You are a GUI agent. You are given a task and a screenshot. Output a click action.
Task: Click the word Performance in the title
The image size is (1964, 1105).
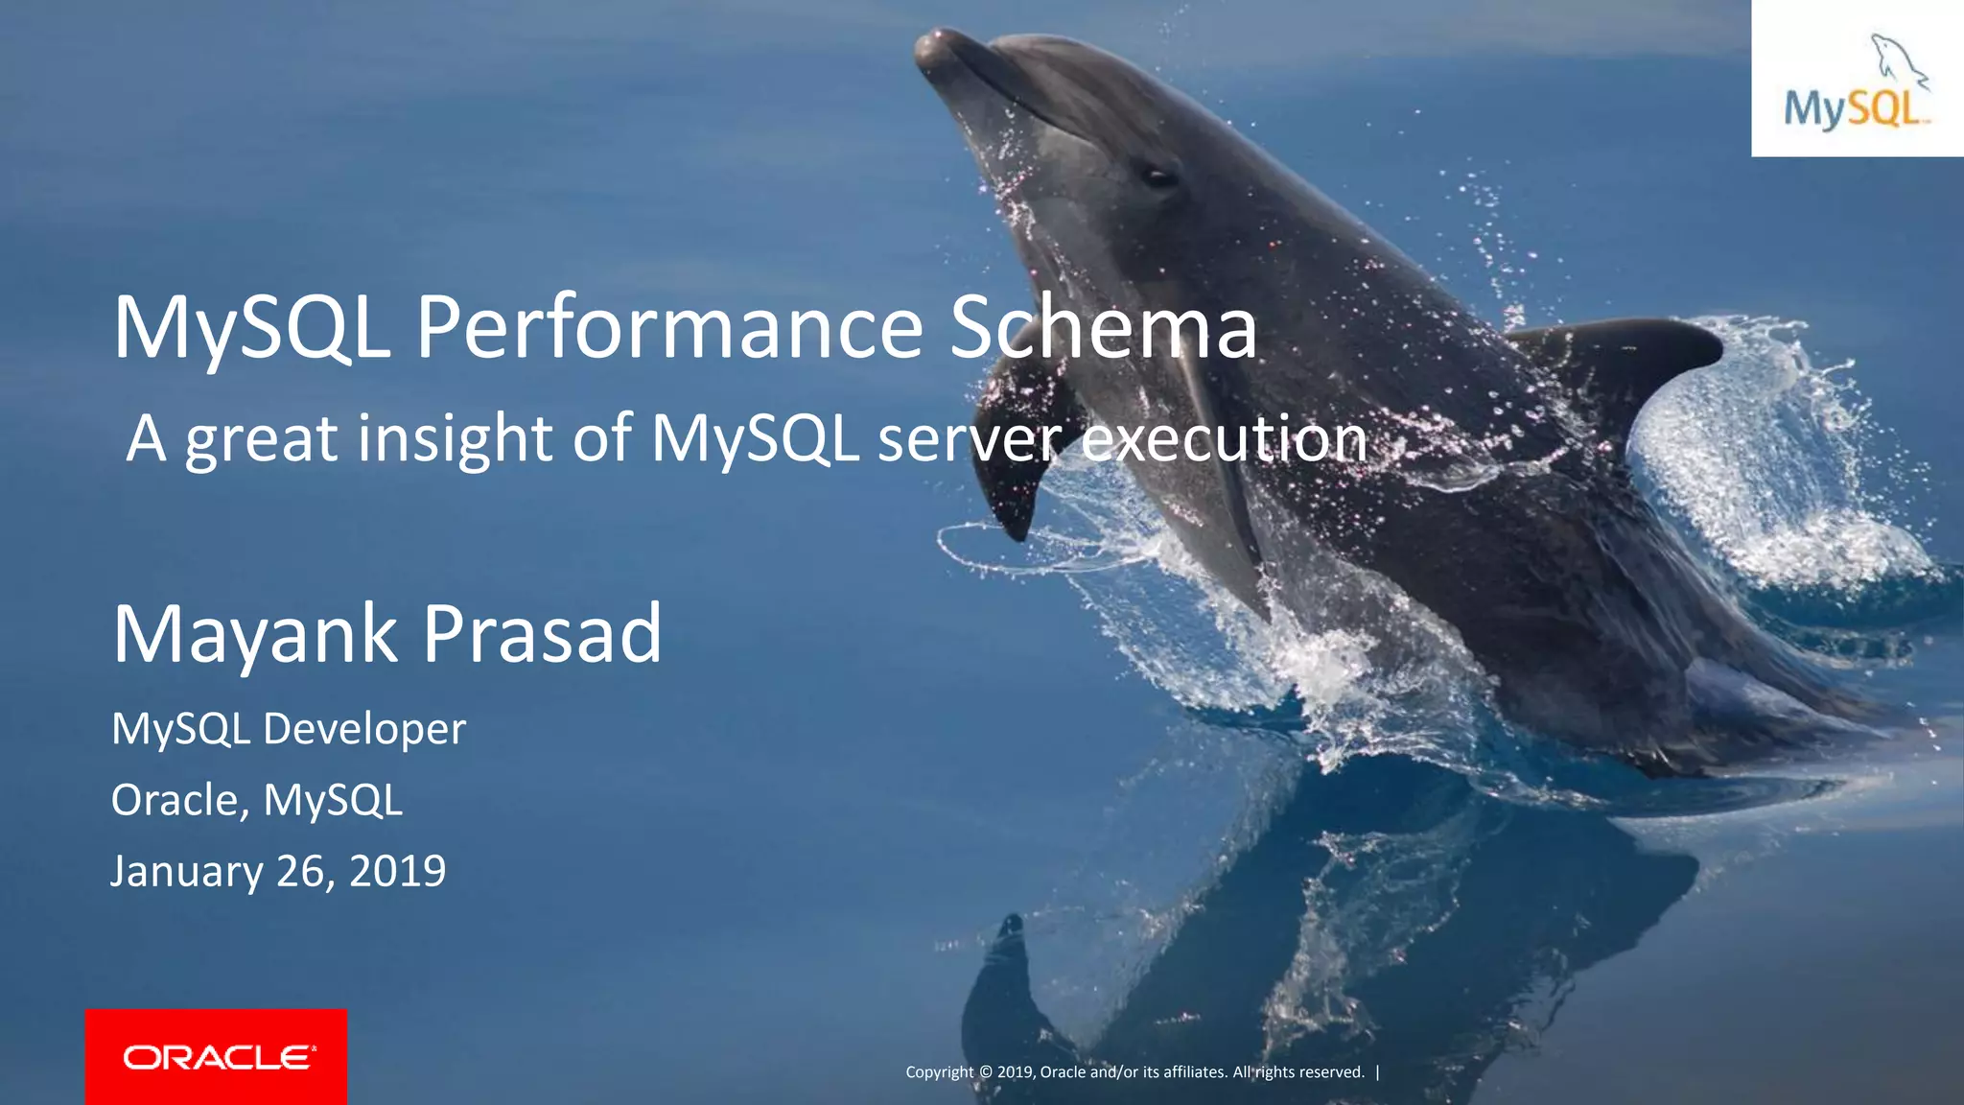tap(668, 329)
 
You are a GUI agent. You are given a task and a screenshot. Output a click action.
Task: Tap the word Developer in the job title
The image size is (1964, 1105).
tap(364, 729)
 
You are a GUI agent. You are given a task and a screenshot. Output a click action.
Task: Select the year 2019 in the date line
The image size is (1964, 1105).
tap(397, 871)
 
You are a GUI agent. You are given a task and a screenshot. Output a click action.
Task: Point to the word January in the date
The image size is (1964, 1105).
tap(187, 871)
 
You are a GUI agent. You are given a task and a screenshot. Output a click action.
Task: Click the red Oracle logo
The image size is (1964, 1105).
tap(216, 1057)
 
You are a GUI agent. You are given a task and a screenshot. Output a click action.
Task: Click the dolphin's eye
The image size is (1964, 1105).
tap(1157, 176)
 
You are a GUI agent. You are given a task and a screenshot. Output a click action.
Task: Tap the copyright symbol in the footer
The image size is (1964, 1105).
tap(985, 1072)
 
